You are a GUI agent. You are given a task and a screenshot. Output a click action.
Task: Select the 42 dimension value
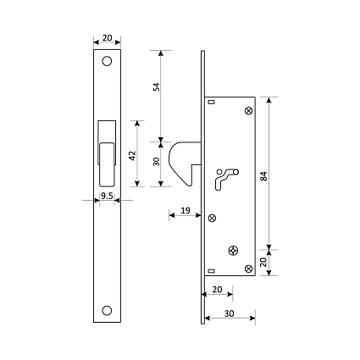click(132, 156)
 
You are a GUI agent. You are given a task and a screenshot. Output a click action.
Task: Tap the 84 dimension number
click(263, 176)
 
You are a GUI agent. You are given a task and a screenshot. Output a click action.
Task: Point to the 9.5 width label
click(107, 196)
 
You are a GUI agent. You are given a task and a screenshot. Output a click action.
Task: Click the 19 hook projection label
click(186, 210)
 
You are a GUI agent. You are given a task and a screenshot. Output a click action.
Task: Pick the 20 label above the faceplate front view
click(107, 38)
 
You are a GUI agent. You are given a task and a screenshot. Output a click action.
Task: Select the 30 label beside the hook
click(156, 162)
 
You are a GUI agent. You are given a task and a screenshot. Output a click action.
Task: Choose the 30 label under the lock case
click(230, 313)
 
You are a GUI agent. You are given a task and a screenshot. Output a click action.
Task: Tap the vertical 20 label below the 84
click(263, 263)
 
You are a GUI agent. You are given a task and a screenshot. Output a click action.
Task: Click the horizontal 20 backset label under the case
click(217, 290)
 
